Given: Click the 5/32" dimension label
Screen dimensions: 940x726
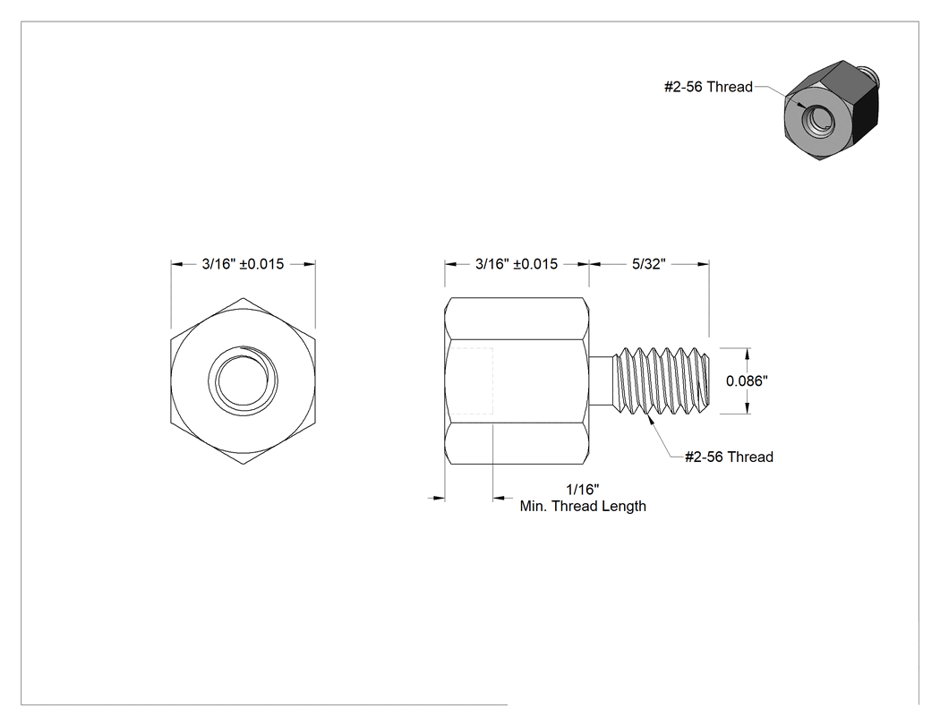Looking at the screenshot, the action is (x=649, y=264).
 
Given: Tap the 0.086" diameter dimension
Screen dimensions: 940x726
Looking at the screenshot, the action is (x=747, y=380).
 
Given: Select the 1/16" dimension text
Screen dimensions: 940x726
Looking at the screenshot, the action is (x=583, y=489).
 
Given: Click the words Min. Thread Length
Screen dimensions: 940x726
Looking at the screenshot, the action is (x=583, y=506).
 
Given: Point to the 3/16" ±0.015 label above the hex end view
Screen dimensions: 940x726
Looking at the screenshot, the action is (x=243, y=264).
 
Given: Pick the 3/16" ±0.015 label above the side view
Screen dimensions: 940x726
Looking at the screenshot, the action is (x=517, y=264).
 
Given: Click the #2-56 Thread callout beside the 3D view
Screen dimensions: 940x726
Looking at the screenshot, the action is (x=708, y=87).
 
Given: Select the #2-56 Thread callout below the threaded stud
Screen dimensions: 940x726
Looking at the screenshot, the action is (x=729, y=457).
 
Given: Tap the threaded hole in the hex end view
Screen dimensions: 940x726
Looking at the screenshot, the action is (x=243, y=380).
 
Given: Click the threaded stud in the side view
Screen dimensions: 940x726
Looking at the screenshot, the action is (x=662, y=380).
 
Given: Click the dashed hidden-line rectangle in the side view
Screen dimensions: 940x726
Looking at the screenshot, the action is (x=469, y=380).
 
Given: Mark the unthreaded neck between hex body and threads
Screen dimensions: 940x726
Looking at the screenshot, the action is (x=602, y=380).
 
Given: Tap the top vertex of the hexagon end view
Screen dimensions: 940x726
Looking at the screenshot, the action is (x=243, y=298).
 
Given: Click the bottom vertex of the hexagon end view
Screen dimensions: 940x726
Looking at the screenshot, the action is (x=243, y=464).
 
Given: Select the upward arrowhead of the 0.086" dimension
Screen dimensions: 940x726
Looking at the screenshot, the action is (x=747, y=353).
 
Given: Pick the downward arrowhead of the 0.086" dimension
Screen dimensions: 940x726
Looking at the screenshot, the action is (x=747, y=407).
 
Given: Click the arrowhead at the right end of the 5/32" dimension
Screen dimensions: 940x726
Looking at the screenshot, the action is (x=703, y=264).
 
